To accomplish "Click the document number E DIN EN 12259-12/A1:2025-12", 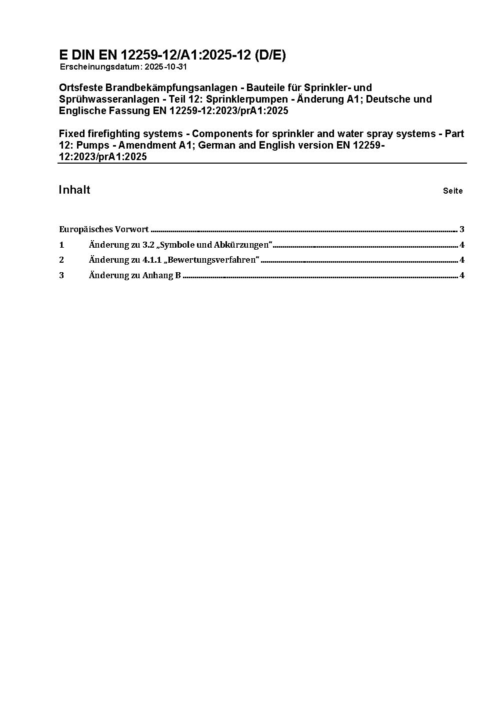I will [155, 55].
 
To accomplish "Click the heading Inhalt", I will [74, 190].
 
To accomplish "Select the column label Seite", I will [452, 191].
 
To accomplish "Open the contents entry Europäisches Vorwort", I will [103, 230].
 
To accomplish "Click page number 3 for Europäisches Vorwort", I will [462, 230].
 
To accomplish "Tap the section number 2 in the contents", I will [61, 260].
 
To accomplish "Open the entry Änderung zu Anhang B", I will [134, 276].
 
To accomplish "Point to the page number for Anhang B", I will [462, 276].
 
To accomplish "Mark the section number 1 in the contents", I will [61, 245].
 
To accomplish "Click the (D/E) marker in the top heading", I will [270, 55].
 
